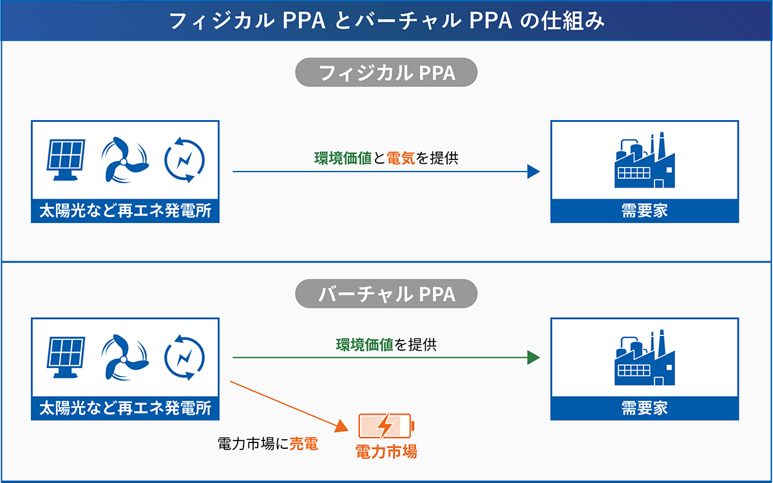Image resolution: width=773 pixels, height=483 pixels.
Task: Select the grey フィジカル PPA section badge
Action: point(386,73)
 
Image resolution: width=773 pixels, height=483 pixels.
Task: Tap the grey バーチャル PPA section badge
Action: point(386,294)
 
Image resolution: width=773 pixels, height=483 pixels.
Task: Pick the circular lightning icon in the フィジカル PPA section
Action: point(184,158)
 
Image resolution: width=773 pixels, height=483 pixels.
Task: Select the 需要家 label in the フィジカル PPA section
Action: point(644,211)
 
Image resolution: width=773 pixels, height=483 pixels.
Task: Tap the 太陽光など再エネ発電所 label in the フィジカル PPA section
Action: point(125,211)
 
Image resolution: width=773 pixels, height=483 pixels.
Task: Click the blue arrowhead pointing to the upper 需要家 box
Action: point(533,172)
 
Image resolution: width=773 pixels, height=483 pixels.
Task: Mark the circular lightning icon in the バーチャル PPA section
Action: point(184,355)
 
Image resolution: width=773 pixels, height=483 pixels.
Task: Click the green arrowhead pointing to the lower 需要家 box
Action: point(533,358)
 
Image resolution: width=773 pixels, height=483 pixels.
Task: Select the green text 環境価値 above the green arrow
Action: point(365,344)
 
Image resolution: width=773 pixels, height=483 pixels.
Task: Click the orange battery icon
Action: point(385,426)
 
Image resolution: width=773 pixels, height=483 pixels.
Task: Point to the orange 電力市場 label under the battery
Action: point(386,451)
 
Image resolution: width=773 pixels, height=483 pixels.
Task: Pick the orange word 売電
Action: point(303,444)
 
